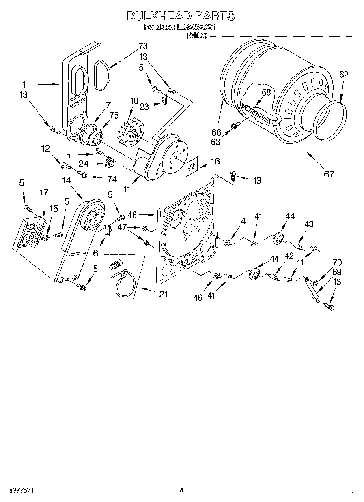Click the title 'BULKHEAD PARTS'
click(x=181, y=16)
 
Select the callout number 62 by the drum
click(x=343, y=75)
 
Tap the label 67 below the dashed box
click(x=329, y=174)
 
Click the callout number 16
click(x=215, y=162)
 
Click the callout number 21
click(x=163, y=295)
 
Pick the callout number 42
click(x=289, y=256)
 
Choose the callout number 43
click(x=309, y=224)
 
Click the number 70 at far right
click(x=337, y=262)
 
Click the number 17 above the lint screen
click(x=44, y=193)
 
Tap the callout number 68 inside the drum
click(x=266, y=92)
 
